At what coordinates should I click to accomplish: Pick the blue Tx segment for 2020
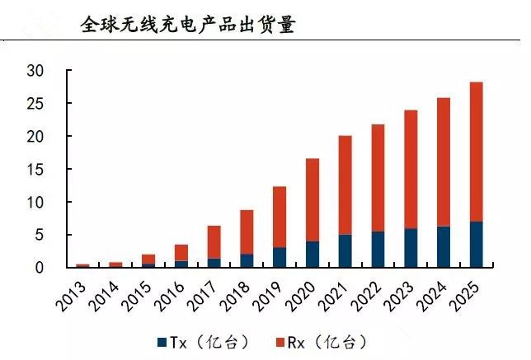pos(312,255)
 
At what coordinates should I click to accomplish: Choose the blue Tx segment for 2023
pos(411,248)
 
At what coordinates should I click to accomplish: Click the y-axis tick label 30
pos(34,71)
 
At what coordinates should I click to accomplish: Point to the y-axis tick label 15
pos(34,169)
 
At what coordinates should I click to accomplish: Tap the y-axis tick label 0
pos(39,268)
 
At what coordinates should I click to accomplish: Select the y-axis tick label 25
pos(34,104)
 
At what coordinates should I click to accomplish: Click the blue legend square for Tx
pos(162,340)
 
